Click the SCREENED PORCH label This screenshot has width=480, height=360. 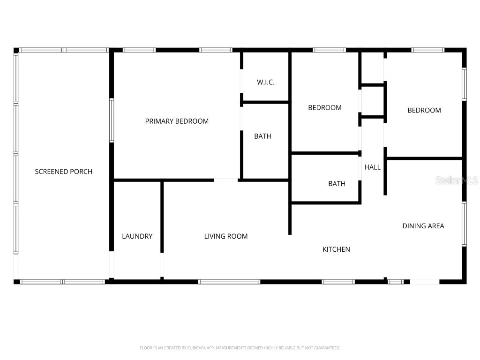tap(64, 172)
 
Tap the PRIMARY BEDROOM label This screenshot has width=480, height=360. tap(177, 121)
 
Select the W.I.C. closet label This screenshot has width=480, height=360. tap(266, 82)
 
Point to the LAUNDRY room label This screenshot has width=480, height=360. tap(137, 236)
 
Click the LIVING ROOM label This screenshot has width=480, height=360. tap(226, 236)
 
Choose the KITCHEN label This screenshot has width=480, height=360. tap(336, 249)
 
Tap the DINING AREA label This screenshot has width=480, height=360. tap(423, 226)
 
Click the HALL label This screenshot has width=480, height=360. tap(373, 167)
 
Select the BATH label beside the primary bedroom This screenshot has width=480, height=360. tap(262, 136)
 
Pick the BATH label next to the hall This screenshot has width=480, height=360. tap(337, 184)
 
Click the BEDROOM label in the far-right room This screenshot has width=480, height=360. tap(424, 111)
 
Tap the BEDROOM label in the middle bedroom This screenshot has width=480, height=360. tap(324, 108)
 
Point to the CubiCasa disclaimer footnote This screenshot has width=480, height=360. tap(240, 348)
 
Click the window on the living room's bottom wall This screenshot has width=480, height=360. tap(229, 282)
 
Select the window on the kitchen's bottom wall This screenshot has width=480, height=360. tap(338, 282)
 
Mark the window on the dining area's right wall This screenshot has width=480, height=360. tap(464, 224)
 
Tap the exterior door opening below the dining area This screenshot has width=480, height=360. tap(425, 282)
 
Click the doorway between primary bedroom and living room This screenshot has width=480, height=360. tap(226, 180)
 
